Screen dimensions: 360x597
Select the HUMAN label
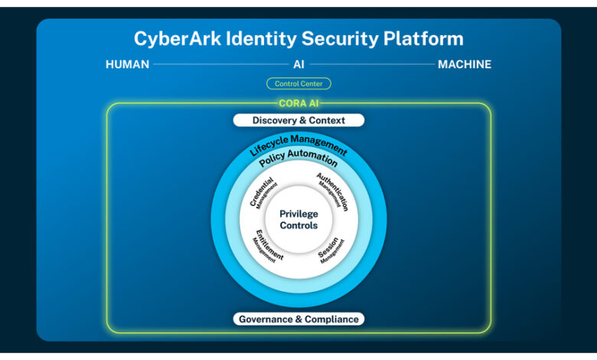coord(127,64)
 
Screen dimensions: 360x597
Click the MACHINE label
coord(465,64)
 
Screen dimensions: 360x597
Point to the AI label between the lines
coord(298,64)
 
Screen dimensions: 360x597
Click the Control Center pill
coord(298,83)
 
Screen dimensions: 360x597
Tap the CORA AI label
coord(298,103)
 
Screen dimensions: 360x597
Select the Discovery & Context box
coord(298,120)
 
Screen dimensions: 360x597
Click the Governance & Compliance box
coord(298,319)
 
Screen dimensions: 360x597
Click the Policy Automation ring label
coord(298,160)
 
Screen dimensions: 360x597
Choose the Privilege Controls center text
coord(298,220)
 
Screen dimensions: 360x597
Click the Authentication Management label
coord(333,192)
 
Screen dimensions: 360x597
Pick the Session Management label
coord(331,248)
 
